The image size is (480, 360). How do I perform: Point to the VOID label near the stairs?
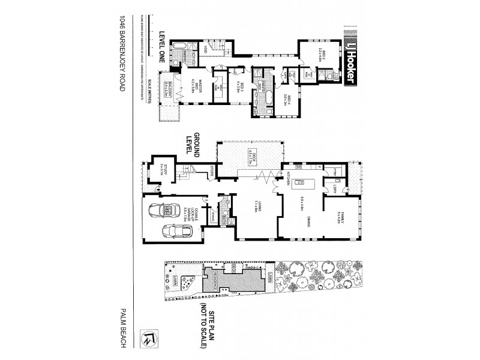204,49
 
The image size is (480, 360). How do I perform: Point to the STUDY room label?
163,170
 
